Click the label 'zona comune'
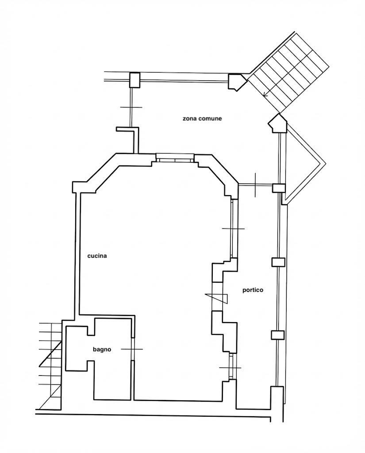pyautogui.click(x=202, y=119)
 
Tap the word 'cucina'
pyautogui.click(x=97, y=256)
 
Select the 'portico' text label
pyautogui.click(x=253, y=290)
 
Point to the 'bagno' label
pyautogui.click(x=102, y=349)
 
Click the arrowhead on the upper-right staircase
pyautogui.click(x=265, y=94)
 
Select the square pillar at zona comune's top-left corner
pyautogui.click(x=134, y=80)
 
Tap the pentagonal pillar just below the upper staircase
pyautogui.click(x=277, y=123)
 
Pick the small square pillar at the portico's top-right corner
pyautogui.click(x=279, y=188)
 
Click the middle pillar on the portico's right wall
pyautogui.click(x=278, y=262)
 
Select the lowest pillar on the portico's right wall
pyautogui.click(x=277, y=335)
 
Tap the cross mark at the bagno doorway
pyautogui.click(x=132, y=349)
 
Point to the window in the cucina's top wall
pyautogui.click(x=175, y=158)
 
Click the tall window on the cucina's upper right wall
pyautogui.click(x=233, y=228)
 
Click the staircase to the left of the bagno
pyautogui.click(x=50, y=366)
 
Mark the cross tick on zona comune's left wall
pyautogui.click(x=131, y=107)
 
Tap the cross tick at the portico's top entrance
pyautogui.click(x=255, y=185)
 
